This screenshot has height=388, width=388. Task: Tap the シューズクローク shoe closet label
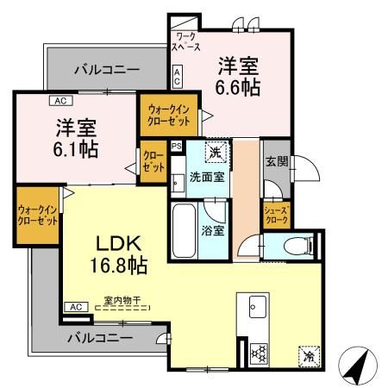(276, 214)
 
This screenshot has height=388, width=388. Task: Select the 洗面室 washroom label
(207, 176)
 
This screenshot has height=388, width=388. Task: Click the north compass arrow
(358, 367)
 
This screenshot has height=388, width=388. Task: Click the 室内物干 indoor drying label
(122, 300)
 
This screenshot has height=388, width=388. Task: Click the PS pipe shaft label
(177, 147)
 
